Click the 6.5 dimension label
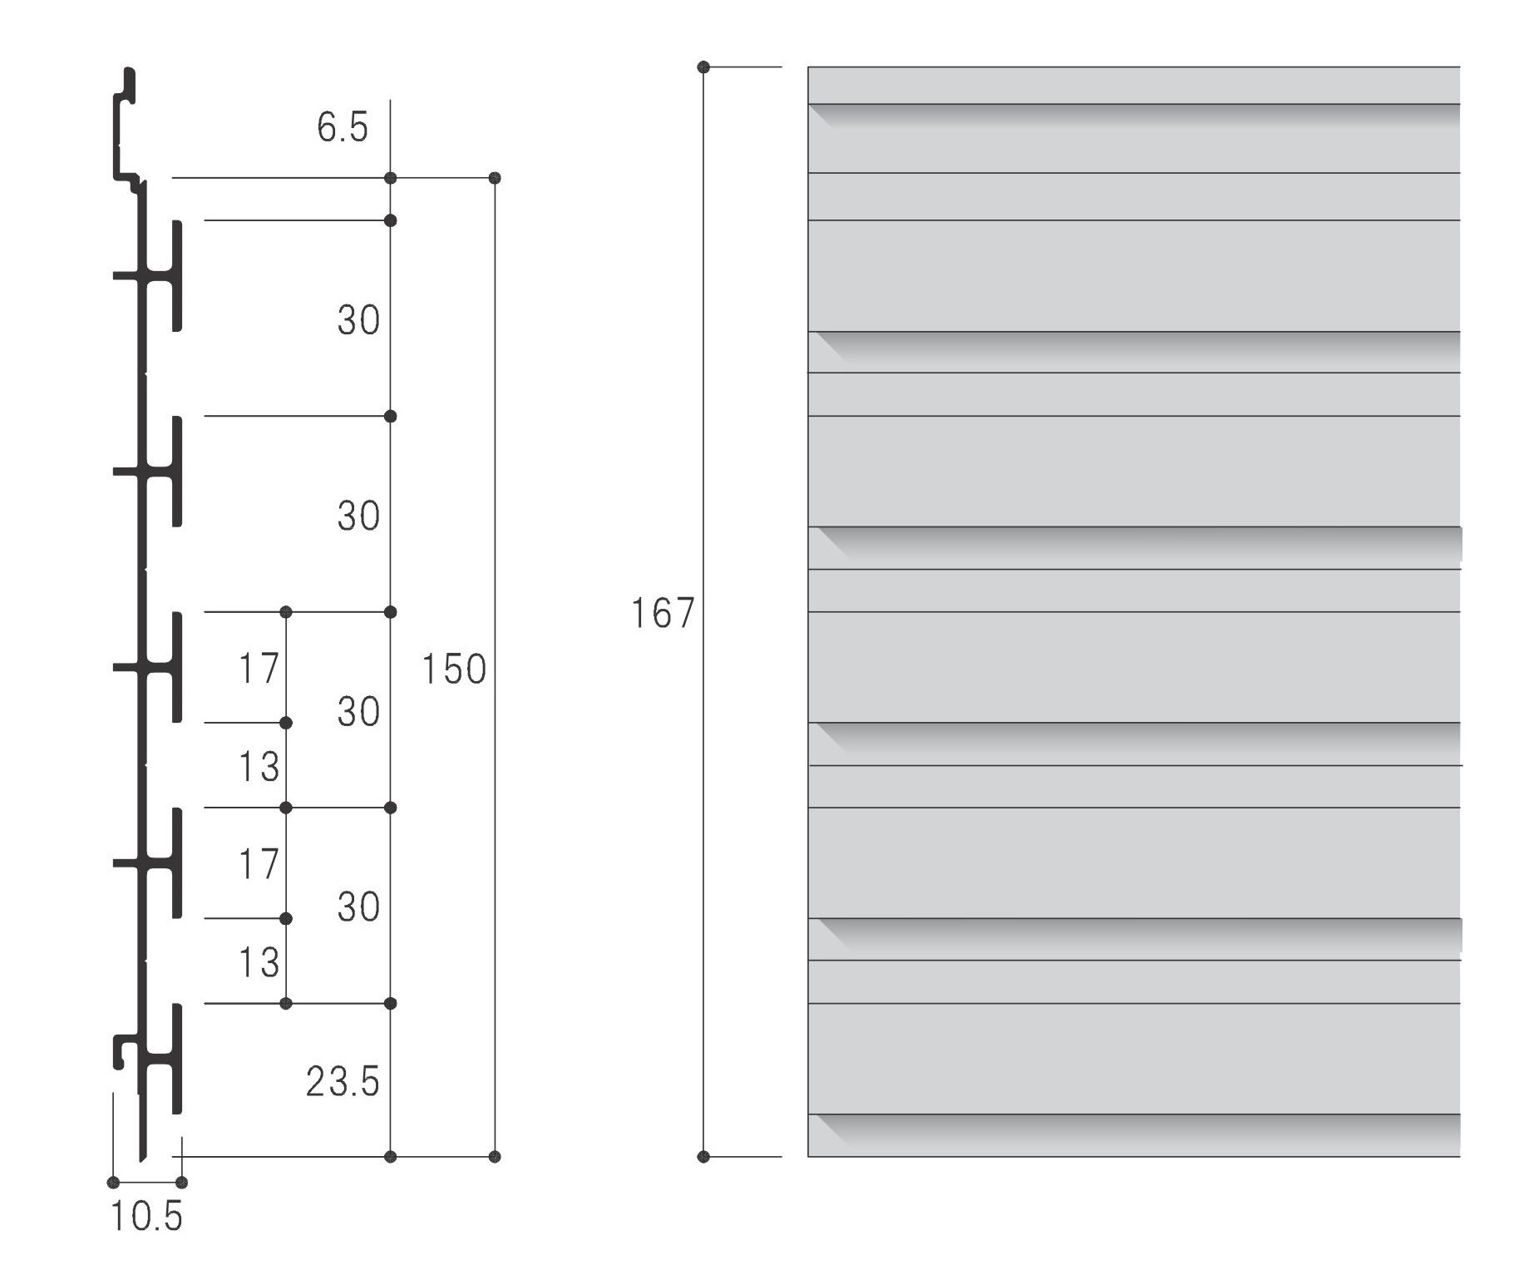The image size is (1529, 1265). (342, 128)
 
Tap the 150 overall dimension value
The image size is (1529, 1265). (454, 670)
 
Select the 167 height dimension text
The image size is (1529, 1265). (662, 614)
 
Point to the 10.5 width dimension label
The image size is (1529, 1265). (146, 1217)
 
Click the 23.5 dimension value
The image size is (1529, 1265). (342, 1082)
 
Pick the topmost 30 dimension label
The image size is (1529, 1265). (358, 320)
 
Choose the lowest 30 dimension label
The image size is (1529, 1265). (358, 907)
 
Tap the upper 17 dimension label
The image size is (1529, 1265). (259, 669)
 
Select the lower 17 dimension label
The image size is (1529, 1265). (259, 864)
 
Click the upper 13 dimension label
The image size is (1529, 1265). (259, 767)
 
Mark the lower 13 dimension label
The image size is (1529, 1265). (259, 962)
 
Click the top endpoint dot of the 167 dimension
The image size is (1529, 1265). (703, 67)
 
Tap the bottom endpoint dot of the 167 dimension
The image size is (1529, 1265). (703, 1157)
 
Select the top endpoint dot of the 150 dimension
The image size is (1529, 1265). (495, 178)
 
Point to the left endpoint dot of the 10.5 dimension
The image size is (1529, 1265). (113, 1183)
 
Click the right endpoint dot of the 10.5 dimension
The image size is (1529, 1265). (182, 1183)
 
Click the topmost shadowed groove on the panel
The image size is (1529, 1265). (1133, 115)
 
